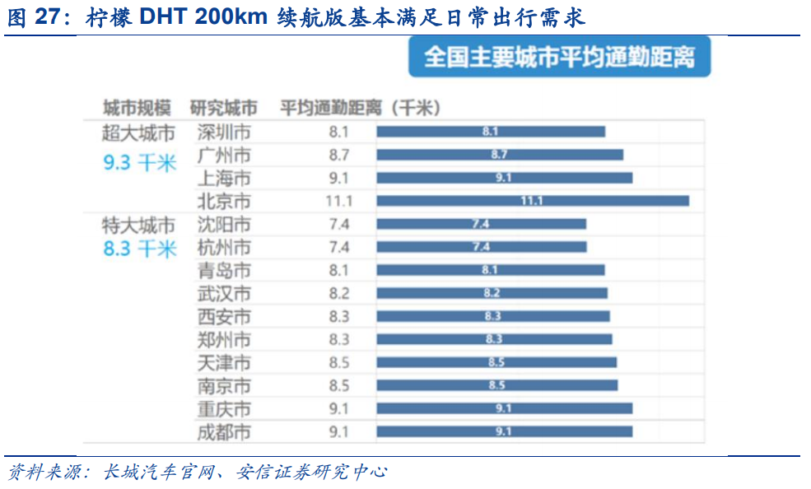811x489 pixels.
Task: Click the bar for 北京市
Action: (532, 201)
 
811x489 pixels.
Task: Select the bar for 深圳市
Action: (491, 132)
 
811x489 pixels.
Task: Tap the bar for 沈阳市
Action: (481, 224)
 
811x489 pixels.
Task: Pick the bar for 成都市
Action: (504, 431)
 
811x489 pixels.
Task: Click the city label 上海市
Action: (224, 178)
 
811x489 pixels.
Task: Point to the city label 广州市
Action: (224, 155)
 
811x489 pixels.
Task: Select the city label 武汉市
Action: (224, 293)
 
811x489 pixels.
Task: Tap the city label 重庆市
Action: (224, 408)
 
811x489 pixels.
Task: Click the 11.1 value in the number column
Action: (339, 201)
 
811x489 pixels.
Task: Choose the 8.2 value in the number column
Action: (339, 293)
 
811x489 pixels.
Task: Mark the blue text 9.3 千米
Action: (140, 163)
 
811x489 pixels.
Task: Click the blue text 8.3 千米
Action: (140, 249)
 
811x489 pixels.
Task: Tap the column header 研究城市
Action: (223, 108)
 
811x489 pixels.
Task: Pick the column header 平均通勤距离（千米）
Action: (361, 108)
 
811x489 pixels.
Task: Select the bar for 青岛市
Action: (491, 270)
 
